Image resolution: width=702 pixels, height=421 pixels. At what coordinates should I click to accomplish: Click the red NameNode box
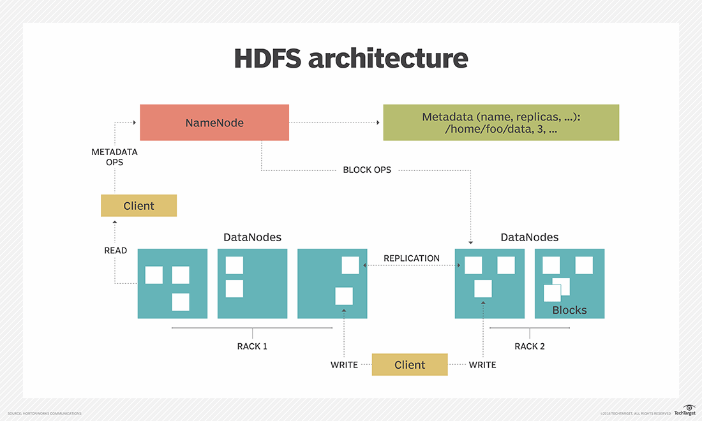pos(214,122)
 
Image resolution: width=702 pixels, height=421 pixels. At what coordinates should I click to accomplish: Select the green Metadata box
pos(500,122)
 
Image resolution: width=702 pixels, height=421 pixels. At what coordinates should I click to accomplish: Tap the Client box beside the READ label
pos(138,205)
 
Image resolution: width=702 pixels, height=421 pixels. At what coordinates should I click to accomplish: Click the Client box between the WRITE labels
pos(410,365)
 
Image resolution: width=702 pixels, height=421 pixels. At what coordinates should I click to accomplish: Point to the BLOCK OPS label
pos(367,170)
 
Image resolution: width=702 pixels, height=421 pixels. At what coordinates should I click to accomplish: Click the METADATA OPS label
pos(115,157)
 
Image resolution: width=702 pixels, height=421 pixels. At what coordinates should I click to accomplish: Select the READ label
pos(116,251)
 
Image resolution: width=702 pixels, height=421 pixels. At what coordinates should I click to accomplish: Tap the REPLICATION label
pos(411,258)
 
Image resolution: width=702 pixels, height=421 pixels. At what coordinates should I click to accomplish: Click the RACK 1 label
pos(252,346)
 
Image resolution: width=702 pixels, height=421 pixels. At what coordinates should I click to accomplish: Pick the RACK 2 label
pos(530,346)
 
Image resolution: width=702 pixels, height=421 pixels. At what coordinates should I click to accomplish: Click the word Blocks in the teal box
pos(569,310)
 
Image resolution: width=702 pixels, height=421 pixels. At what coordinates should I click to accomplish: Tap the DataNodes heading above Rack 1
pos(252,237)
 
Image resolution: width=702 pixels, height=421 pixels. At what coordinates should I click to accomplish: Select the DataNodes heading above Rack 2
pos(530,237)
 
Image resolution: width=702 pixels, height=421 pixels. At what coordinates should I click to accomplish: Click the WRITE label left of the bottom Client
pos(344,365)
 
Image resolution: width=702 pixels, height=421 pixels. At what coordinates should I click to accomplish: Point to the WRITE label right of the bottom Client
pos(482,365)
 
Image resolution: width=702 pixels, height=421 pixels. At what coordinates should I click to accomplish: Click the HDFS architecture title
pos(350,58)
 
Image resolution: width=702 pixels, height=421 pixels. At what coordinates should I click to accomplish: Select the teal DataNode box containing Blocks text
pos(569,284)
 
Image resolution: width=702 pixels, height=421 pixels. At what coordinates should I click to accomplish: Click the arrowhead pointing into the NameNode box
pos(136,122)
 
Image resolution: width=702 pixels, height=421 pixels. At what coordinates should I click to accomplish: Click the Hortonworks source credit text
pos(44,413)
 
